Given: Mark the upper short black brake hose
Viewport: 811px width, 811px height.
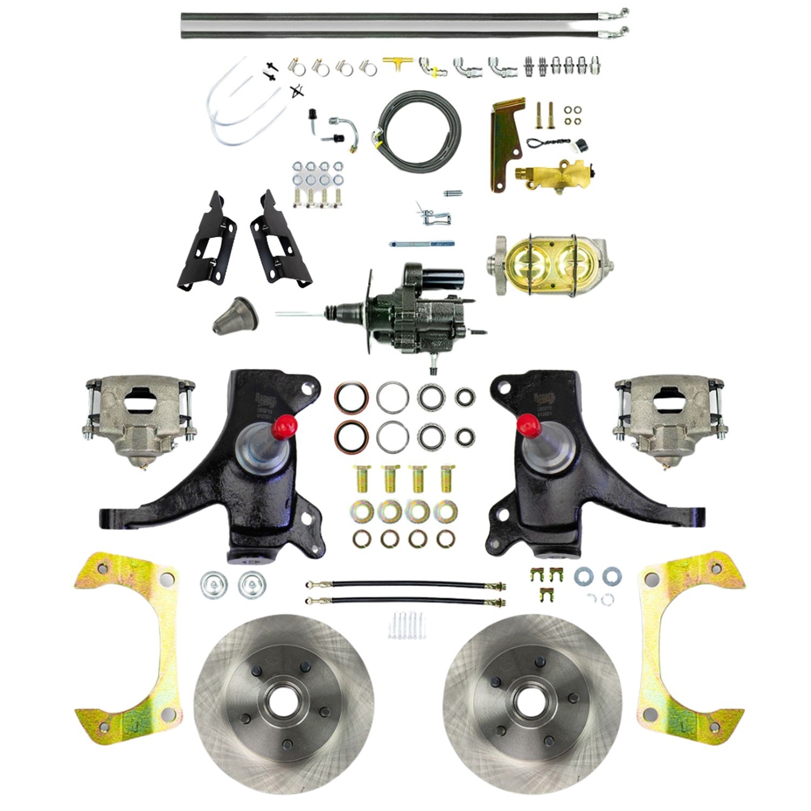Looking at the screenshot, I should pyautogui.click(x=405, y=585).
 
